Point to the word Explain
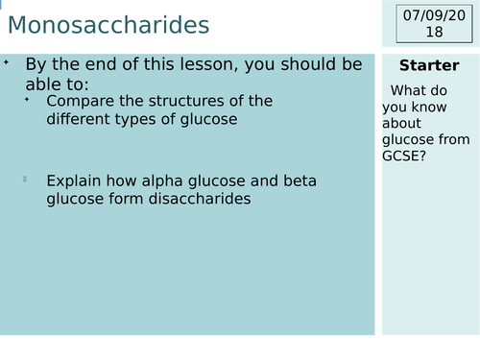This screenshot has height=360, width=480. pyautogui.click(x=74, y=180)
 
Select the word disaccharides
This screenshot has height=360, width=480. pyautogui.click(x=201, y=199)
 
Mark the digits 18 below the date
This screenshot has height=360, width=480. pyautogui.click(x=434, y=32)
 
